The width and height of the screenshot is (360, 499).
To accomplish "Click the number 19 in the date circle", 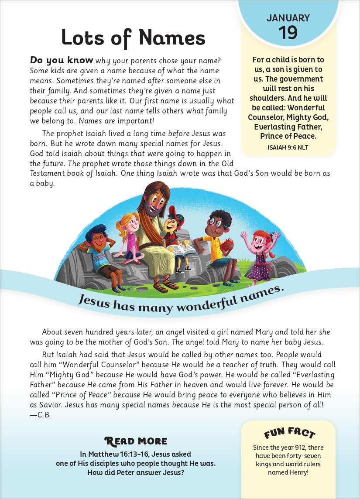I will coord(288,33).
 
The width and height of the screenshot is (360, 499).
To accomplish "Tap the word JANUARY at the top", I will coord(288,18).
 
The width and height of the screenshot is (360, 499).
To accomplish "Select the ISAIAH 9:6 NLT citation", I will coord(288,147).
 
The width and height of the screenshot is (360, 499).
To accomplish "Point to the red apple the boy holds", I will coord(226,247).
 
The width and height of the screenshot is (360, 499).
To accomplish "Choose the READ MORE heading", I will coord(136,441).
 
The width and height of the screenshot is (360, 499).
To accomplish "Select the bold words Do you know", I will coord(62,60).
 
